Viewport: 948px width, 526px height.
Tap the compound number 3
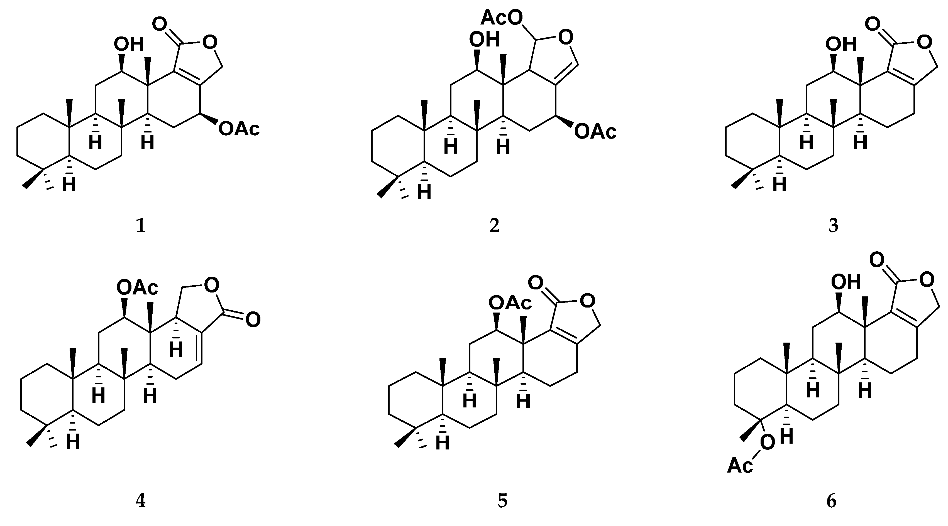pos(834,226)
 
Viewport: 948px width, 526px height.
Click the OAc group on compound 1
pos(239,129)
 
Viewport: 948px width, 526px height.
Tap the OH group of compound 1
pos(128,45)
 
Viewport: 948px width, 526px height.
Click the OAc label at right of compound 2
pos(595,132)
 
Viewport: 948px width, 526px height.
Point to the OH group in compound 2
pos(484,40)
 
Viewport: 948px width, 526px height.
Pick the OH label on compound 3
pos(841,45)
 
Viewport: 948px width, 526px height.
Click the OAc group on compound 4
pos(137,288)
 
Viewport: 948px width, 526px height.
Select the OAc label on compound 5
pos(510,303)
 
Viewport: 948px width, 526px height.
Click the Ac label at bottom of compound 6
pos(740,466)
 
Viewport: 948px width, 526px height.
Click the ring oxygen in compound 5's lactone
pos(587,301)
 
